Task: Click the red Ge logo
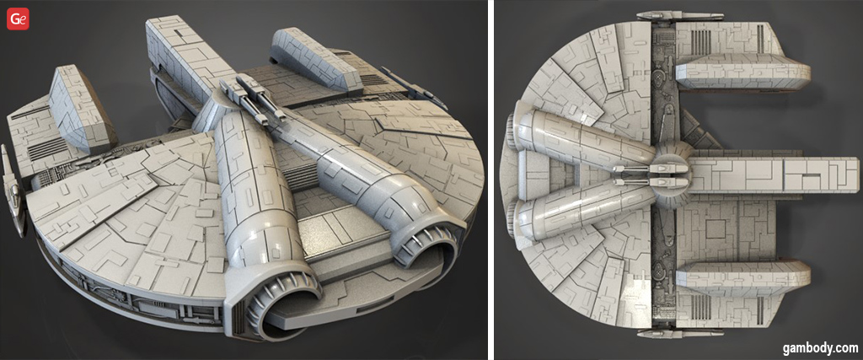click(19, 19)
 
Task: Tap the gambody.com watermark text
click(820, 348)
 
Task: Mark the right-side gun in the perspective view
click(414, 88)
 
